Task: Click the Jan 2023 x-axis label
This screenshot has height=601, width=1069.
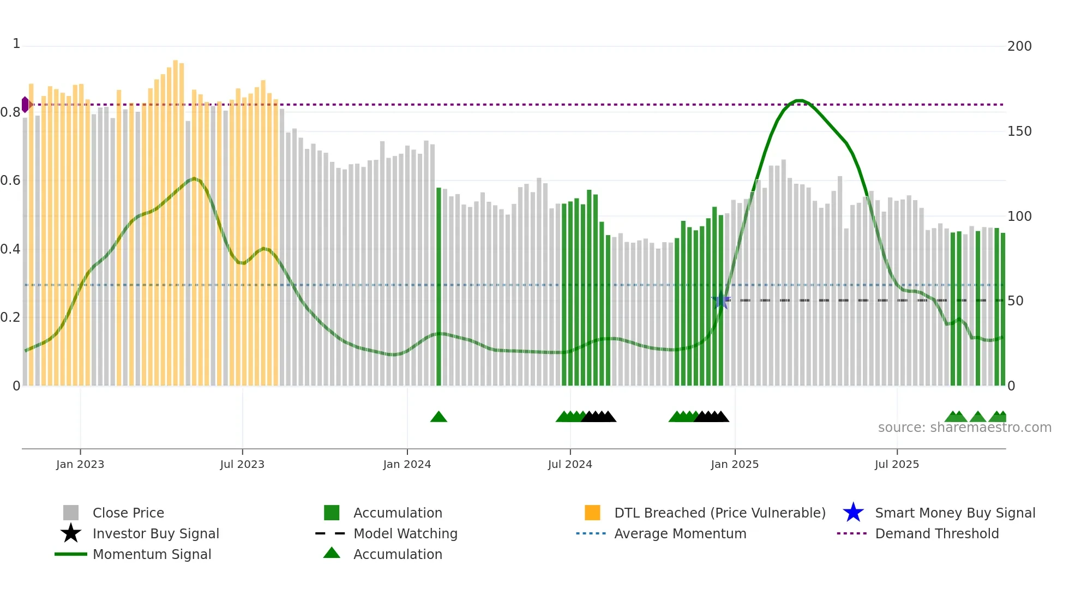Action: coord(80,464)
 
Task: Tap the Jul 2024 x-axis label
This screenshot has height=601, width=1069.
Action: coord(570,464)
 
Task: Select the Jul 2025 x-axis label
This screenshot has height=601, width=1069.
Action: coord(897,464)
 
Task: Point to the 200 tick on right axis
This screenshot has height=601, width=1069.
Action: coord(1019,46)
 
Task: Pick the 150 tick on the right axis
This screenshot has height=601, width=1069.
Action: coord(1019,131)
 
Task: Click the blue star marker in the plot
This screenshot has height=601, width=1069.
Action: coord(721,300)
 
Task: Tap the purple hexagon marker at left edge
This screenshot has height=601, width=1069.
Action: coord(25,104)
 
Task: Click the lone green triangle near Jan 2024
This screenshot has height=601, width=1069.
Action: coord(439,417)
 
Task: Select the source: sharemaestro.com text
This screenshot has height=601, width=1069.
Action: coord(964,428)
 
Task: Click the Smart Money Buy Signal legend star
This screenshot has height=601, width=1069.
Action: coord(853,513)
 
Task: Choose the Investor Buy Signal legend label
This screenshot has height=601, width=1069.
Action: coord(155,533)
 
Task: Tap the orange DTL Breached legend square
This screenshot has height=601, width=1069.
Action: coord(592,513)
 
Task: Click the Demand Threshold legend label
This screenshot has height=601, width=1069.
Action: coord(936,533)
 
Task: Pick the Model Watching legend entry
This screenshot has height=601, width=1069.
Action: coord(405,533)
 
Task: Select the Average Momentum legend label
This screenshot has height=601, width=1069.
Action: coord(680,533)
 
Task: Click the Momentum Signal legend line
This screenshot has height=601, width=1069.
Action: coord(71,554)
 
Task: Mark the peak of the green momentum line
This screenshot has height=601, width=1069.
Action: coord(799,100)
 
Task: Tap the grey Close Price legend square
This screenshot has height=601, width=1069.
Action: coord(71,513)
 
